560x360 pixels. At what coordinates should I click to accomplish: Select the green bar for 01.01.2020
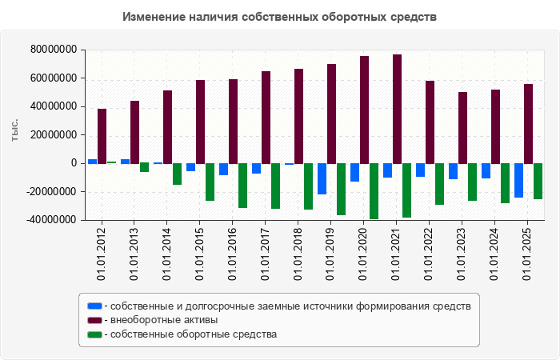click(374, 191)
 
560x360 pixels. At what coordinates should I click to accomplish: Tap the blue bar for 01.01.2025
click(519, 180)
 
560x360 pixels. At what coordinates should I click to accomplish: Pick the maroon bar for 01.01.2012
click(102, 136)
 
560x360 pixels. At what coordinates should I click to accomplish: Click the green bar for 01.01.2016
click(242, 186)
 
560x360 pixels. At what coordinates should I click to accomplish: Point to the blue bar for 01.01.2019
click(322, 178)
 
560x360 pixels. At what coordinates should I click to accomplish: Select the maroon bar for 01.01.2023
click(463, 127)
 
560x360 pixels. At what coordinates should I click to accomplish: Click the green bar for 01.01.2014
click(177, 174)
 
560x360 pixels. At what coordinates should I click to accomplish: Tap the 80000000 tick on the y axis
click(54, 50)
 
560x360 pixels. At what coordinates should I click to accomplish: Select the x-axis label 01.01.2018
click(298, 254)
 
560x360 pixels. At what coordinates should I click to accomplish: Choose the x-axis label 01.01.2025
click(528, 254)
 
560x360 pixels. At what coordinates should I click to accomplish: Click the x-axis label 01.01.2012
click(102, 254)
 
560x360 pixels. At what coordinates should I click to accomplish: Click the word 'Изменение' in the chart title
click(154, 17)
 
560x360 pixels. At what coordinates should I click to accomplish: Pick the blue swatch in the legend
click(94, 306)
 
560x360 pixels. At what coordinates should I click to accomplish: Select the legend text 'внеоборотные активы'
click(164, 320)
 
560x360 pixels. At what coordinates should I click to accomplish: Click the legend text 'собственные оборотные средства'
click(194, 334)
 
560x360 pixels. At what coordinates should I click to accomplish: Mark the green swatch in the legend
click(94, 334)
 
